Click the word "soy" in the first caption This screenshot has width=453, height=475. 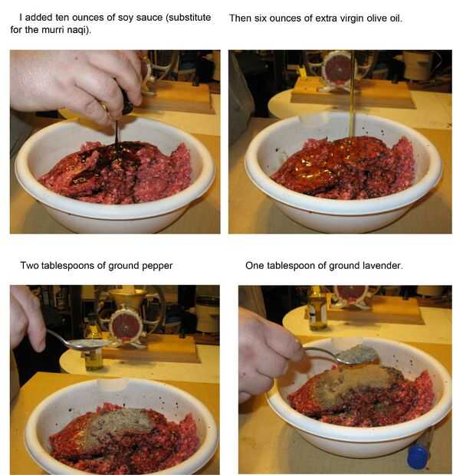[126, 18]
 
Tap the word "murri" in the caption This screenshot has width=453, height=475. [51, 30]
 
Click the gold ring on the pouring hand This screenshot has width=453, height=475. [104, 106]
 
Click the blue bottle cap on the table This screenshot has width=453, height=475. [418, 456]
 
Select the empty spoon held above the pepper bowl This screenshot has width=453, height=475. [76, 342]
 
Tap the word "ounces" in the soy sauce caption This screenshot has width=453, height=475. [88, 18]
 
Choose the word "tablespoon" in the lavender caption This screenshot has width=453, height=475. [291, 266]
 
